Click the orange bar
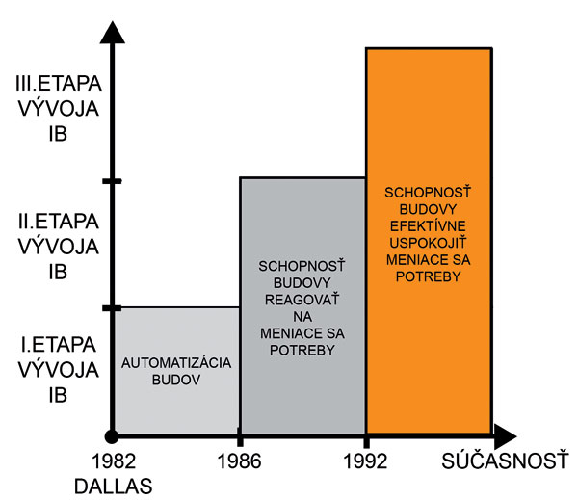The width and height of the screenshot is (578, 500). (x=429, y=337)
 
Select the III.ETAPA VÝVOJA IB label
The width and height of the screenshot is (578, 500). (x=59, y=106)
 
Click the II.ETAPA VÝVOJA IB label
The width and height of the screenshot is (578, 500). (x=59, y=246)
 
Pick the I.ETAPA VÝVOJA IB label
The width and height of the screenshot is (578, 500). (x=59, y=368)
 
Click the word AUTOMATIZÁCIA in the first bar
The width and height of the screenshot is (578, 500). (x=175, y=362)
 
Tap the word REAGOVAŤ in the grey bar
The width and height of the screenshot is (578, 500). (x=302, y=300)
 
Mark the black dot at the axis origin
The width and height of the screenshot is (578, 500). (x=113, y=434)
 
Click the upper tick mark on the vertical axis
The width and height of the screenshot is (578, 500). (x=113, y=180)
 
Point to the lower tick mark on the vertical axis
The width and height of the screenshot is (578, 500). (x=113, y=307)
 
